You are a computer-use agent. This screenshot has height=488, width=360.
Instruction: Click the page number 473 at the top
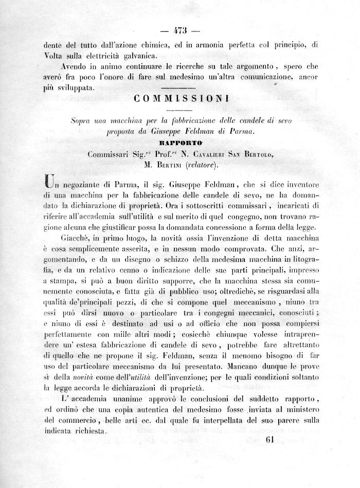point(180,29)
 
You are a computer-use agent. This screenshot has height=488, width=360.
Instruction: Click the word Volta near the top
point(54,56)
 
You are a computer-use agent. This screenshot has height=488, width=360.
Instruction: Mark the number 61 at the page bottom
point(273,439)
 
